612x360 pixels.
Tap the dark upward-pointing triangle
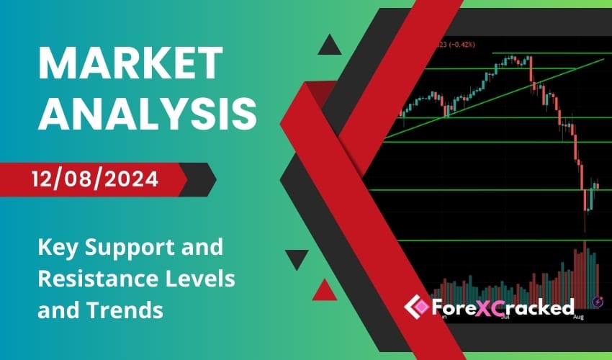point(329,47)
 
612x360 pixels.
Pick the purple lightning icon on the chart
point(597,302)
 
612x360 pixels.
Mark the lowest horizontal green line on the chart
point(504,241)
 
